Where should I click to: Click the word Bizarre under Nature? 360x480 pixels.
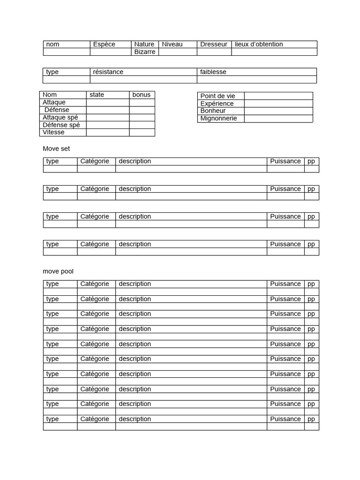click(144, 52)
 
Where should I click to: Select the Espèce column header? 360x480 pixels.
click(104, 45)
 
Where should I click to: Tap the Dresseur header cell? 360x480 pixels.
click(214, 45)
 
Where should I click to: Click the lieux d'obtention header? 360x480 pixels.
click(259, 45)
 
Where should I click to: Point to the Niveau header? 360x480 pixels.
click(172, 45)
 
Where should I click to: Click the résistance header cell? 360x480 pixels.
click(108, 72)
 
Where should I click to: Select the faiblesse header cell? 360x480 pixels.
click(213, 72)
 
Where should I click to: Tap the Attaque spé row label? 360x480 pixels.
click(60, 118)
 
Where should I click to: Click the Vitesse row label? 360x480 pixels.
click(53, 133)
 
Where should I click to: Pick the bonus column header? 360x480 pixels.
click(142, 95)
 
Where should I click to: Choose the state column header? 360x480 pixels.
click(97, 95)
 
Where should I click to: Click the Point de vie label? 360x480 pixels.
click(217, 96)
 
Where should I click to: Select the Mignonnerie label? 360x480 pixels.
click(218, 119)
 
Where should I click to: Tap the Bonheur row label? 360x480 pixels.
click(213, 111)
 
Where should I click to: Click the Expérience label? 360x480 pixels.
click(217, 104)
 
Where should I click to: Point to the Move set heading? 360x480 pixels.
click(56, 149)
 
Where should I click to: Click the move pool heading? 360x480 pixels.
click(58, 271)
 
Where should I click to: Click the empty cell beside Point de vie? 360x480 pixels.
click(278, 96)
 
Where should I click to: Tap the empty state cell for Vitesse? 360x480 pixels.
click(108, 133)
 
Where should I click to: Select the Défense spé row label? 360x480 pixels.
click(61, 125)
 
